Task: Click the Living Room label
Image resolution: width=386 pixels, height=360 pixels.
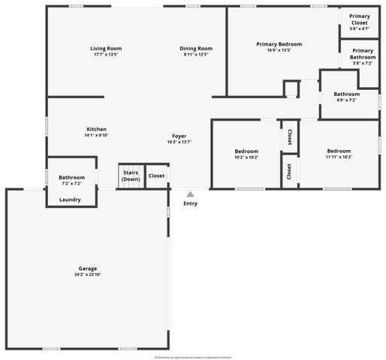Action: coord(106,49)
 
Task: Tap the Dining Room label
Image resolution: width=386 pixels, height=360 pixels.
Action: coord(195,49)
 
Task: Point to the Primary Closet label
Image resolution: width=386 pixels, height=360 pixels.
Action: coord(360,19)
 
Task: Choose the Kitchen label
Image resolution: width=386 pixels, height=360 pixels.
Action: coord(96,129)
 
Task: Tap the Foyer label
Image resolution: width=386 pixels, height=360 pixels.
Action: coord(179,136)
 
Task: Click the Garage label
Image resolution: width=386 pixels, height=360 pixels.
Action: coord(88,268)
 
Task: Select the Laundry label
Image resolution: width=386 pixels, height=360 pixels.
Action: coord(70,199)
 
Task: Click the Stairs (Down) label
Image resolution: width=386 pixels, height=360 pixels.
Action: coord(131,176)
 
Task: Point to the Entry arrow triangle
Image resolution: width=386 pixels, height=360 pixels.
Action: coord(190,194)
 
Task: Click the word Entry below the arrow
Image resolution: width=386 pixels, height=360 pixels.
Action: coord(191,203)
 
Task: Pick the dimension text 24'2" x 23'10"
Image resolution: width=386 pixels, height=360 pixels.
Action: coord(88,274)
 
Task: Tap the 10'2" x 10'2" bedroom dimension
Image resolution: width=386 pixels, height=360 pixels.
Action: coord(246,157)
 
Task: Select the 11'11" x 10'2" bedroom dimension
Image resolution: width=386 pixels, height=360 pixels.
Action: coord(339,157)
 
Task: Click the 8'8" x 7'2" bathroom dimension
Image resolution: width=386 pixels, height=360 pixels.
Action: coord(346,100)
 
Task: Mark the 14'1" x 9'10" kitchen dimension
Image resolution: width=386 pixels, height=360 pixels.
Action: coord(96,136)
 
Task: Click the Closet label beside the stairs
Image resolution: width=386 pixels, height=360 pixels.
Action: coord(156,176)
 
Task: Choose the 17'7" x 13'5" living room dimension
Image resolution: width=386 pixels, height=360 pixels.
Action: coord(106,55)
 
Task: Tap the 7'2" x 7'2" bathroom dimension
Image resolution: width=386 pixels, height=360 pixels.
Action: coord(71,184)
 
